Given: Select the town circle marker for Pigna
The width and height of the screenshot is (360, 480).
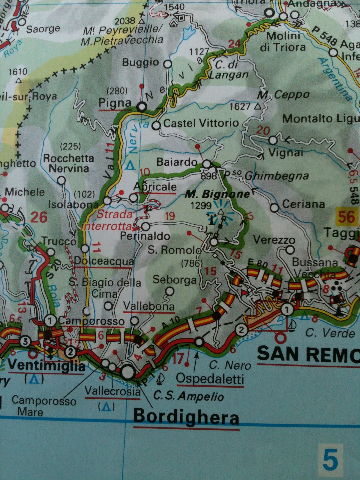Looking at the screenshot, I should pyautogui.click(x=141, y=106).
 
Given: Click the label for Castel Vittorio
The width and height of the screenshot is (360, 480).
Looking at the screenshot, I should pyautogui.click(x=201, y=123).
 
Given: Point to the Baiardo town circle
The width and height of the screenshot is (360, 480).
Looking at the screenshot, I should pyautogui.click(x=206, y=164).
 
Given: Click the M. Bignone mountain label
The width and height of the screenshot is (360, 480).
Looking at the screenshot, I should pyautogui.click(x=217, y=194).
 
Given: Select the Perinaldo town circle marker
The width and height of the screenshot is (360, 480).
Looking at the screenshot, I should pyautogui.click(x=145, y=226).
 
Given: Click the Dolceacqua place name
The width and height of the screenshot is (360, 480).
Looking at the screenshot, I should pyautogui.click(x=104, y=261).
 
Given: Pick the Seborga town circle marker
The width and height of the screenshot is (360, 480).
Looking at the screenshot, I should pyautogui.click(x=170, y=291).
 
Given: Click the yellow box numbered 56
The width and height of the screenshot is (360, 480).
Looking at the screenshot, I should pyautogui.click(x=346, y=216).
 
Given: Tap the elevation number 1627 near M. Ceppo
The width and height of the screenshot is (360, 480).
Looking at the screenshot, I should pyautogui.click(x=240, y=106).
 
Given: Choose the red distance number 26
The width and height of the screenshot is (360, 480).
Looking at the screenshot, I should pyautogui.click(x=39, y=217).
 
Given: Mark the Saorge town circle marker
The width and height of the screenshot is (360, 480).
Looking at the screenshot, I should pyautogui.click(x=22, y=22).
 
